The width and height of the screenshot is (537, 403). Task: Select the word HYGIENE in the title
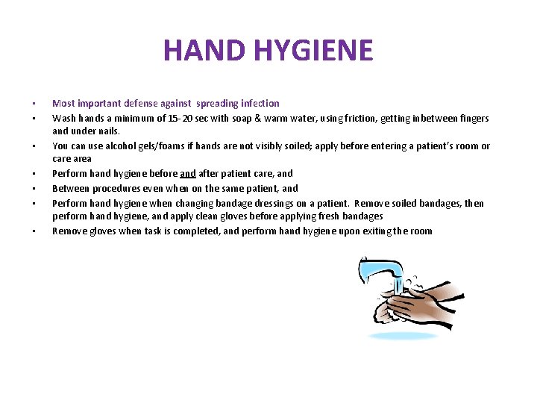pos(313,50)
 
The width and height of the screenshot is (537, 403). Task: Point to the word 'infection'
pos(260,103)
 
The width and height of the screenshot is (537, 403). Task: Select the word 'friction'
pos(362,118)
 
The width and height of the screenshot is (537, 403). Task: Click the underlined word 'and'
pos(188,174)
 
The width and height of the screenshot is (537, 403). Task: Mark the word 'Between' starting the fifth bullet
pos(69,189)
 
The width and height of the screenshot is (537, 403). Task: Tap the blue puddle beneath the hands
pos(403,337)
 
